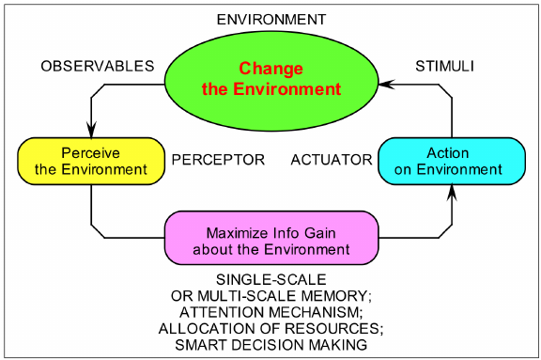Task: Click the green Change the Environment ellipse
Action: (270, 79)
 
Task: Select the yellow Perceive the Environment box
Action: (90, 161)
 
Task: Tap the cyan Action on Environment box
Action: (451, 161)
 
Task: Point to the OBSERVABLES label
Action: (97, 66)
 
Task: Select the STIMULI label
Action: (446, 66)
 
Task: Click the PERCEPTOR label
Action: (218, 160)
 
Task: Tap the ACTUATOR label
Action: (332, 160)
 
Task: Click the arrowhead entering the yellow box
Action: (90, 130)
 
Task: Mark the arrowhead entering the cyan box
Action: (452, 193)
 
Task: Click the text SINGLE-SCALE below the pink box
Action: (270, 280)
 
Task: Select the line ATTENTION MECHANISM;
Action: (270, 312)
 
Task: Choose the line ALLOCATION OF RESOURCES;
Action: (270, 328)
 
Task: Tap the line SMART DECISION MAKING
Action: (270, 344)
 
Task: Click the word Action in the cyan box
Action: (448, 152)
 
